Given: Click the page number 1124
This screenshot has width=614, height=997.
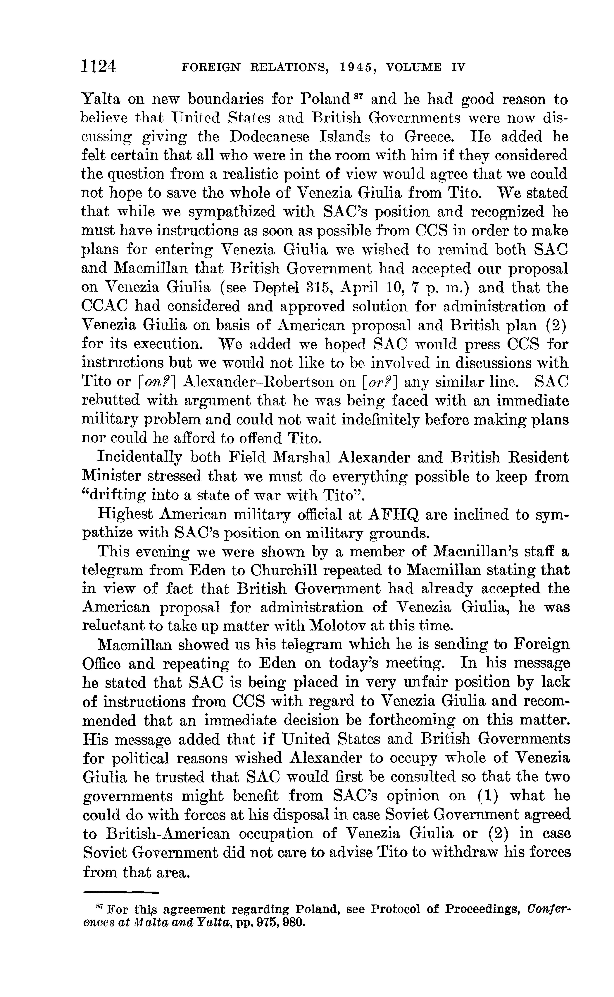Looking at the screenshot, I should [x=99, y=66].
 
